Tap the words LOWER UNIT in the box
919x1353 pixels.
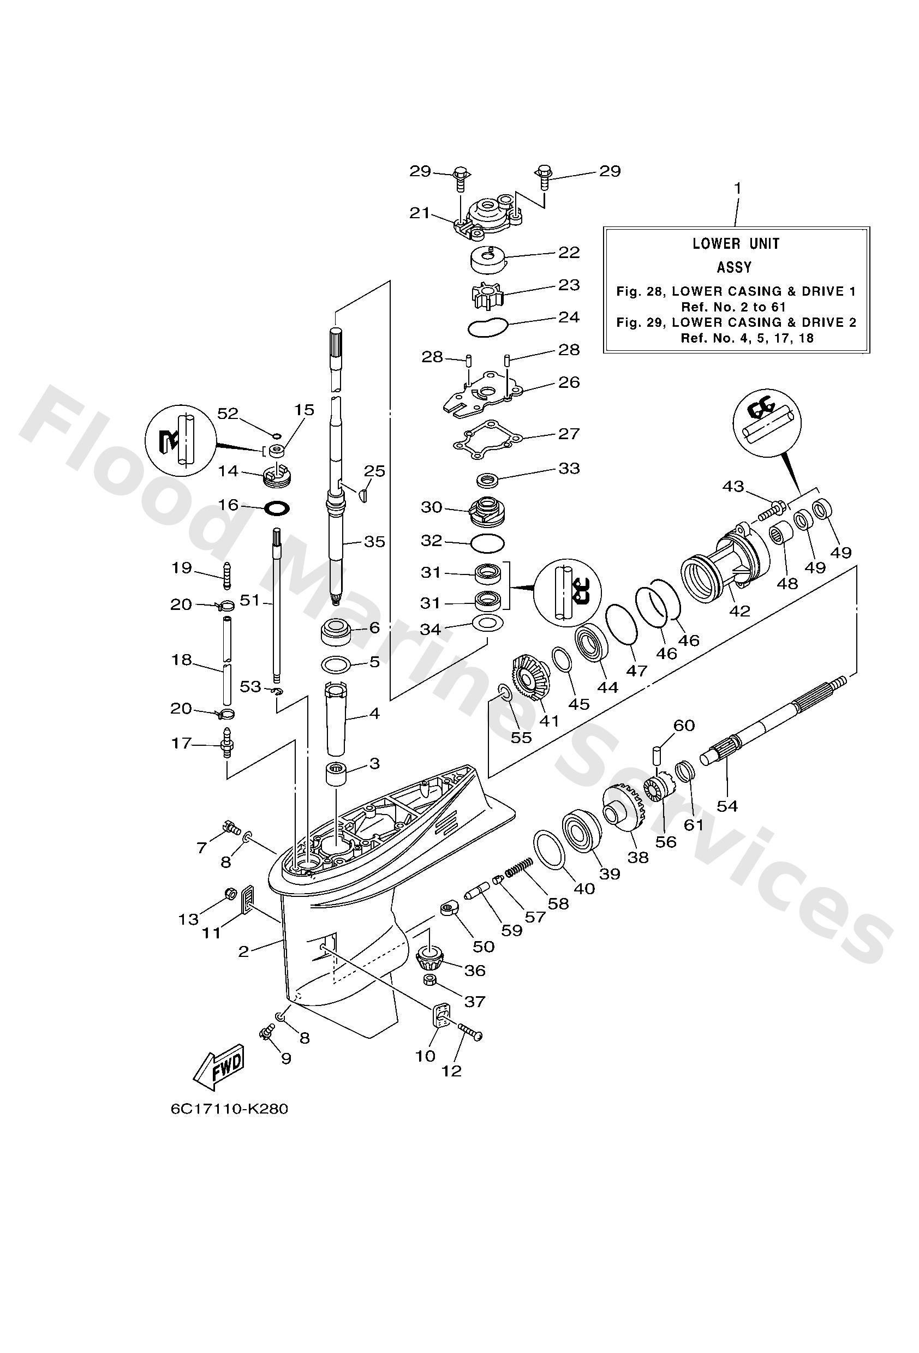click(x=736, y=244)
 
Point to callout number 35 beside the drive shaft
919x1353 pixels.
click(x=374, y=541)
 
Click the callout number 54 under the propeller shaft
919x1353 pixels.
click(x=727, y=806)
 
